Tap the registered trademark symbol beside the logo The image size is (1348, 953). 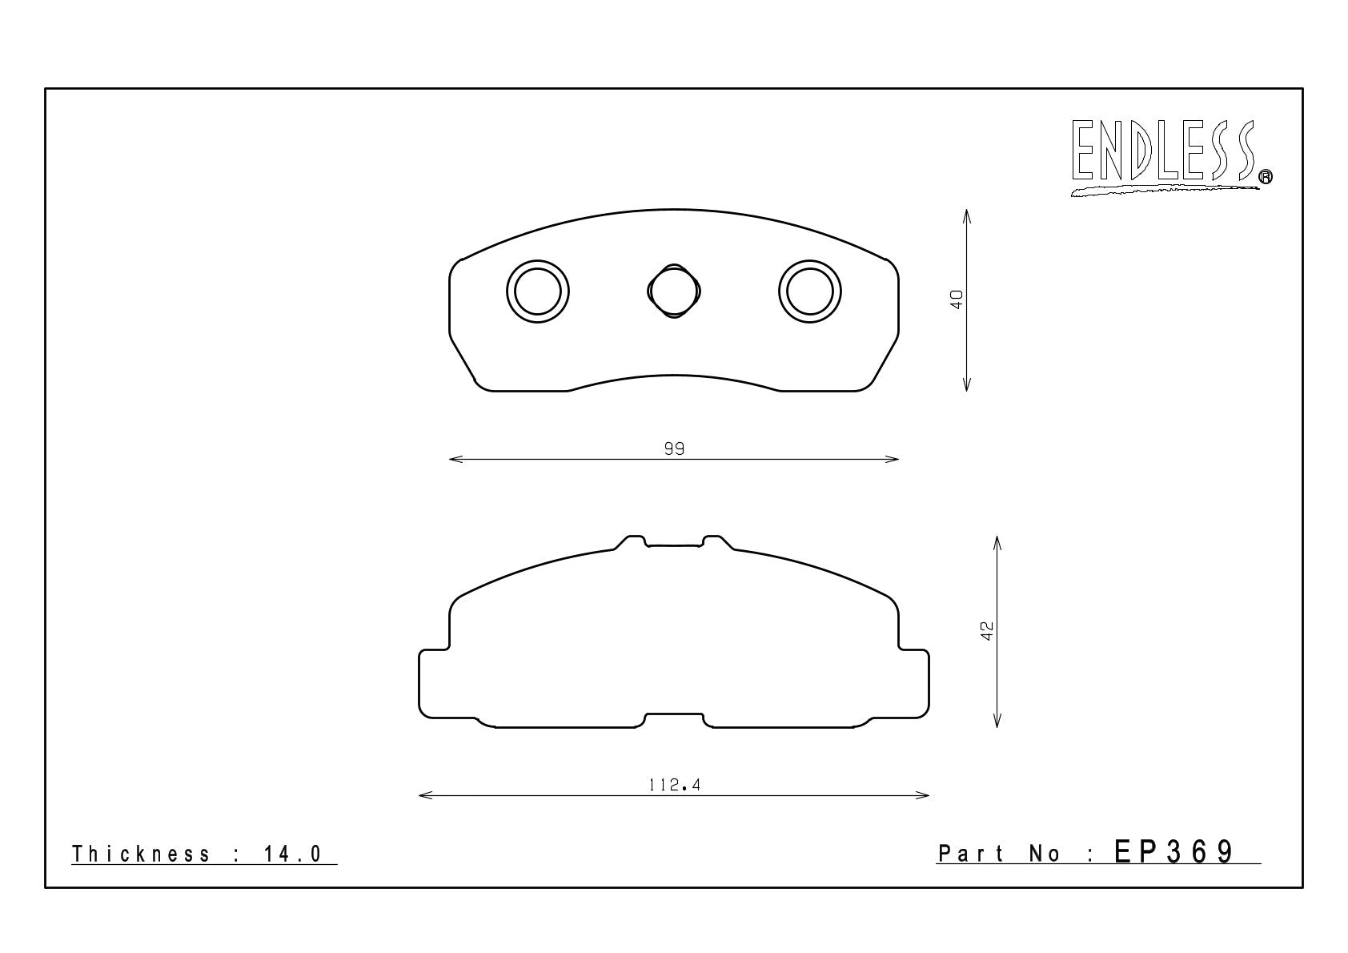point(1266,176)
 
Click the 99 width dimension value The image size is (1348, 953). point(674,448)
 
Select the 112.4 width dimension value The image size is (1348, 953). point(675,785)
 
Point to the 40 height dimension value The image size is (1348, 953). point(957,300)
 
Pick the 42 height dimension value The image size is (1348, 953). point(987,630)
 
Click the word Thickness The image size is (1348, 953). point(141,854)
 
